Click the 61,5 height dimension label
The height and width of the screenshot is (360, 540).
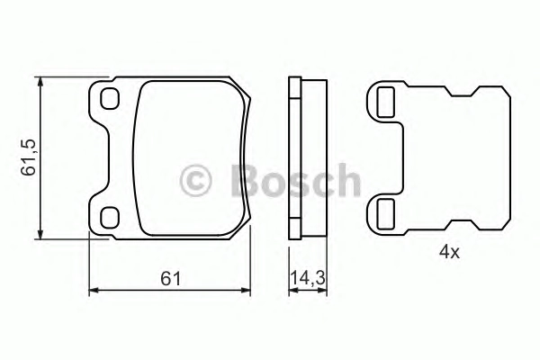28,157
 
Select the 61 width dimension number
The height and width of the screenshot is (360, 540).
170,279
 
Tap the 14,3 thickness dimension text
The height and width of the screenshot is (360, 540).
308,278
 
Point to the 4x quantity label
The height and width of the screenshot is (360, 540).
449,253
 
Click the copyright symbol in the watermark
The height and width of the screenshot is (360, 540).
195,181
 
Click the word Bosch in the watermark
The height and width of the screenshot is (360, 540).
295,181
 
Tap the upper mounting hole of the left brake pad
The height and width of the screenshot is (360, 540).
110,98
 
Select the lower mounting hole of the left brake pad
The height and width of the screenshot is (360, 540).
110,218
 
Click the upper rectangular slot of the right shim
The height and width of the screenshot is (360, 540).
386,103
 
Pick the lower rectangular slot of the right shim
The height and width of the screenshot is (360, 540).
386,214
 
